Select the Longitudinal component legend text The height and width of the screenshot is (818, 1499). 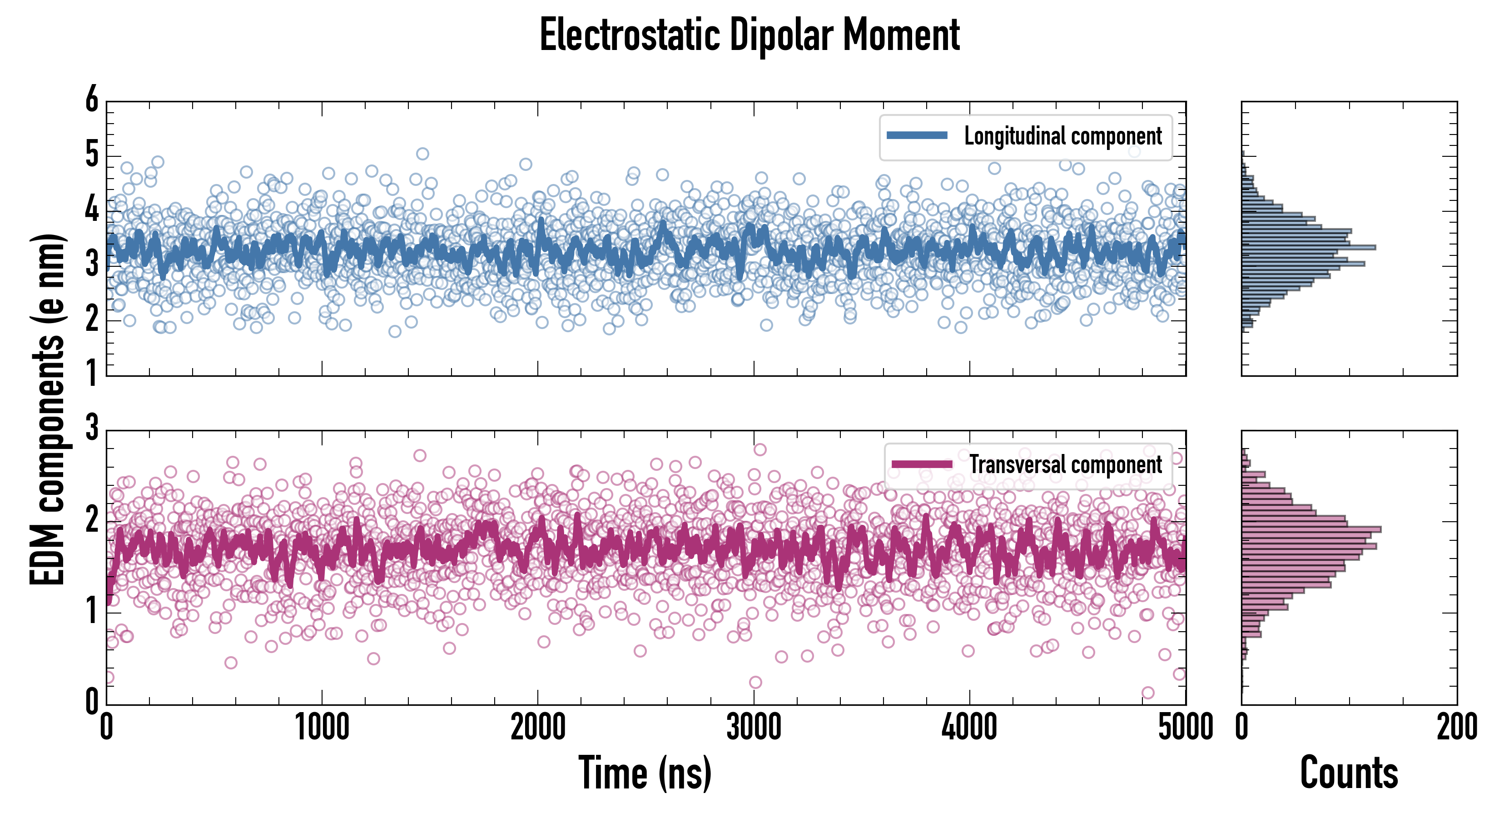click(x=1062, y=136)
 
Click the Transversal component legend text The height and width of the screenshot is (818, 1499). click(x=1066, y=464)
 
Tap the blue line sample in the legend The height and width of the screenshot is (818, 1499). click(x=917, y=136)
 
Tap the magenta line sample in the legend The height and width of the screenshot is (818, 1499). click(x=922, y=464)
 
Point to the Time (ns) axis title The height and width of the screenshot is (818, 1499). click(x=645, y=773)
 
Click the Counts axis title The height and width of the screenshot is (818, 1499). click(x=1349, y=773)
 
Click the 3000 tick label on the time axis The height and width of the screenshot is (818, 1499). click(x=754, y=728)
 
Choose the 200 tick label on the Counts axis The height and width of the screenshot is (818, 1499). click(x=1456, y=728)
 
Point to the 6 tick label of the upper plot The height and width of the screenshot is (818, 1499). click(x=92, y=100)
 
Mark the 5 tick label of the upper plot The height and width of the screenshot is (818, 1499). click(x=92, y=155)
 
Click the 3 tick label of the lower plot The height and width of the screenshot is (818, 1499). click(x=92, y=428)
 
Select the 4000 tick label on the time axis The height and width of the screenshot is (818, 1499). click(x=969, y=728)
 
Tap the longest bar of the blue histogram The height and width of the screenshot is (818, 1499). click(x=1309, y=247)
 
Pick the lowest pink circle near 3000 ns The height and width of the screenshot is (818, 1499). click(x=755, y=682)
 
